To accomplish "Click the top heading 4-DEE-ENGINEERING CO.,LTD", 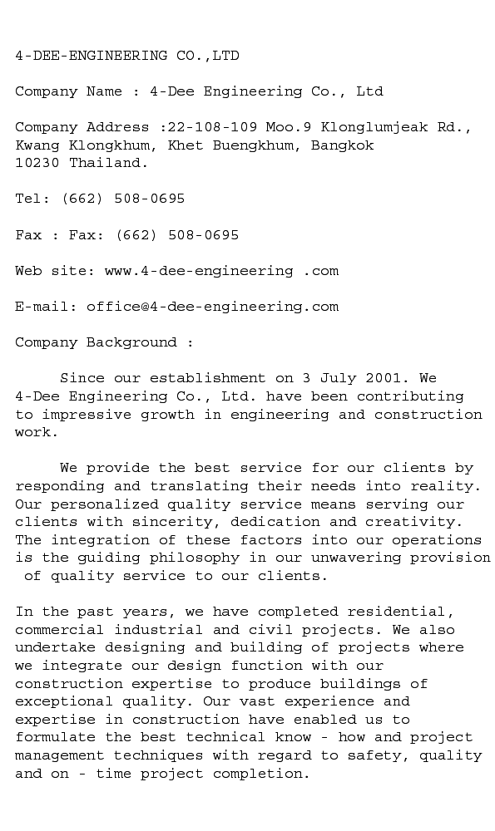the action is (x=127, y=56).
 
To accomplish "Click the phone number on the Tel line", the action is (x=123, y=199).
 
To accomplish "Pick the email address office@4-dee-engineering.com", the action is (x=212, y=307).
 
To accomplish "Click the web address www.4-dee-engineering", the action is (x=199, y=271).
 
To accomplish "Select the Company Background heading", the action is (x=105, y=342).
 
